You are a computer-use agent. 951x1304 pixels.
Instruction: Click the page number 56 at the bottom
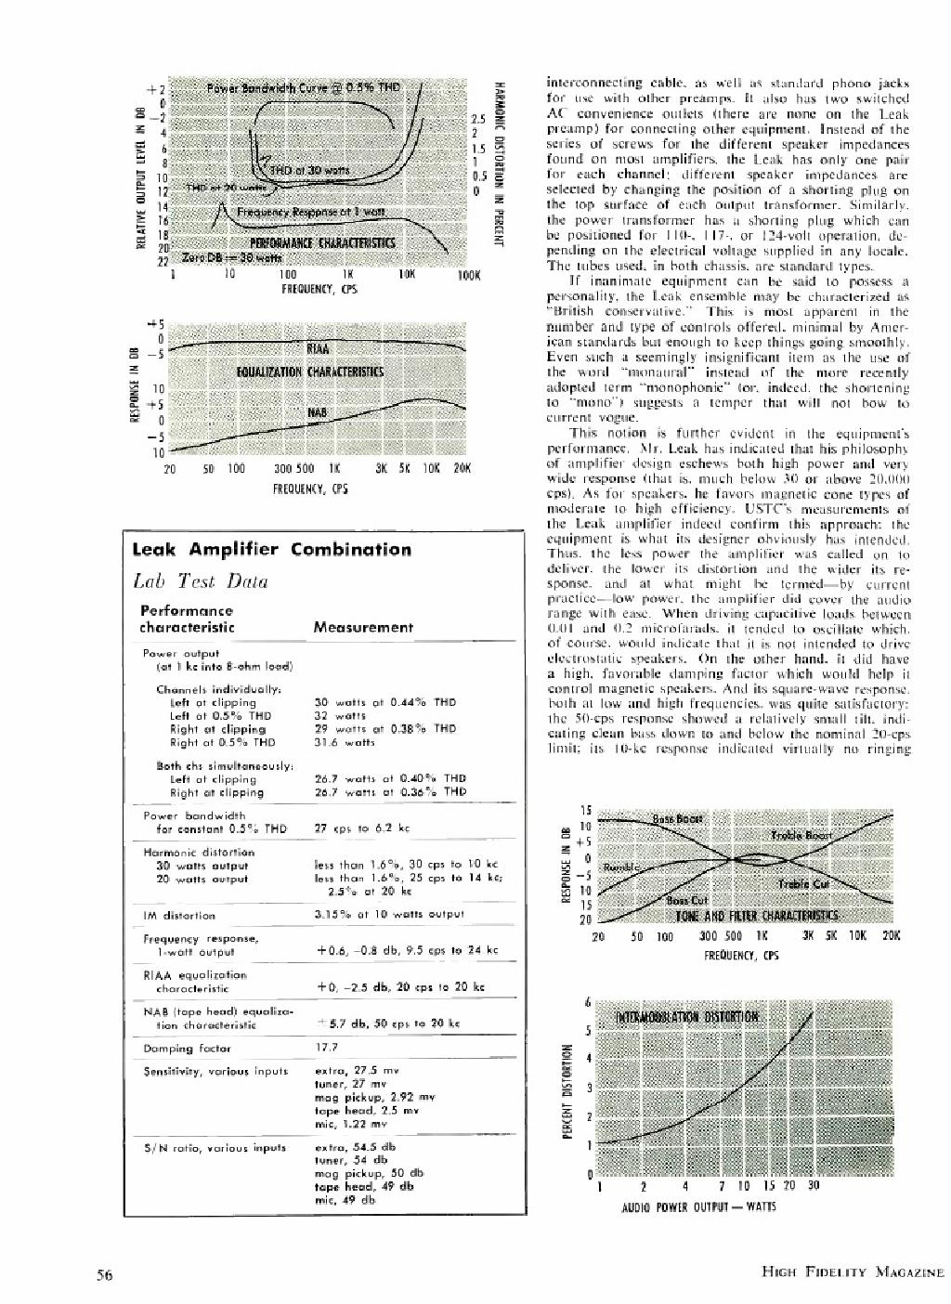click(105, 1274)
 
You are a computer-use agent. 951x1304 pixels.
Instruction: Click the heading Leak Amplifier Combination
click(271, 549)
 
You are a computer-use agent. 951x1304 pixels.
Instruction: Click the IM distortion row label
click(181, 914)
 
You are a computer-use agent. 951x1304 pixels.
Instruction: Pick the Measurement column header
click(363, 627)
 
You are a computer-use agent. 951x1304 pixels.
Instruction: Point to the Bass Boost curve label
click(677, 819)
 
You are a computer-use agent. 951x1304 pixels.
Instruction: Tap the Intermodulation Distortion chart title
click(688, 1015)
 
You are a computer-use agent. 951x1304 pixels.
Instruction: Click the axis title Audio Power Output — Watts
click(697, 1207)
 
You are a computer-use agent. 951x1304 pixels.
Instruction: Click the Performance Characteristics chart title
click(322, 243)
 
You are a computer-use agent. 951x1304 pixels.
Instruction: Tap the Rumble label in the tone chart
click(621, 867)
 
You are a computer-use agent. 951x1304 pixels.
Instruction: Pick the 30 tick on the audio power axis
click(814, 1186)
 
